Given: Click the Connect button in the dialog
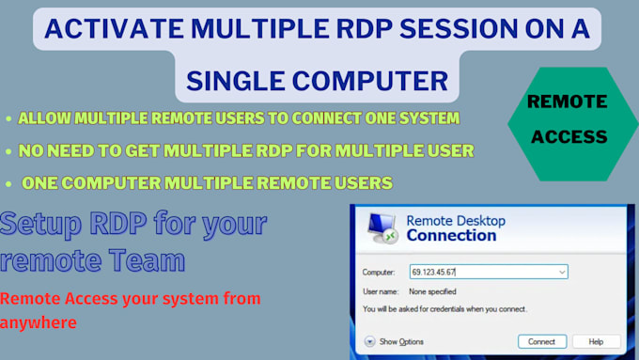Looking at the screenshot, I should (541, 340).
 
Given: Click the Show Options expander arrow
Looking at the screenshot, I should (370, 340).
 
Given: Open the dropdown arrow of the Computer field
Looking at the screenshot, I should (562, 272).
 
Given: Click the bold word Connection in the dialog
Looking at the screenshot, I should (450, 236).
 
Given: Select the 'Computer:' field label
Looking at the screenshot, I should (380, 272).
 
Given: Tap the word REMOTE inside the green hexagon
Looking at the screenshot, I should (567, 102).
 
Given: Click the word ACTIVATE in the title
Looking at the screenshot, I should (103, 28).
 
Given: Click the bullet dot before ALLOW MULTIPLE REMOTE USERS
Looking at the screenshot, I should (8, 119).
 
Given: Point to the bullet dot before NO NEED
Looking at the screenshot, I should (8, 150).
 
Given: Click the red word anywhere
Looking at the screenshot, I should (39, 321).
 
